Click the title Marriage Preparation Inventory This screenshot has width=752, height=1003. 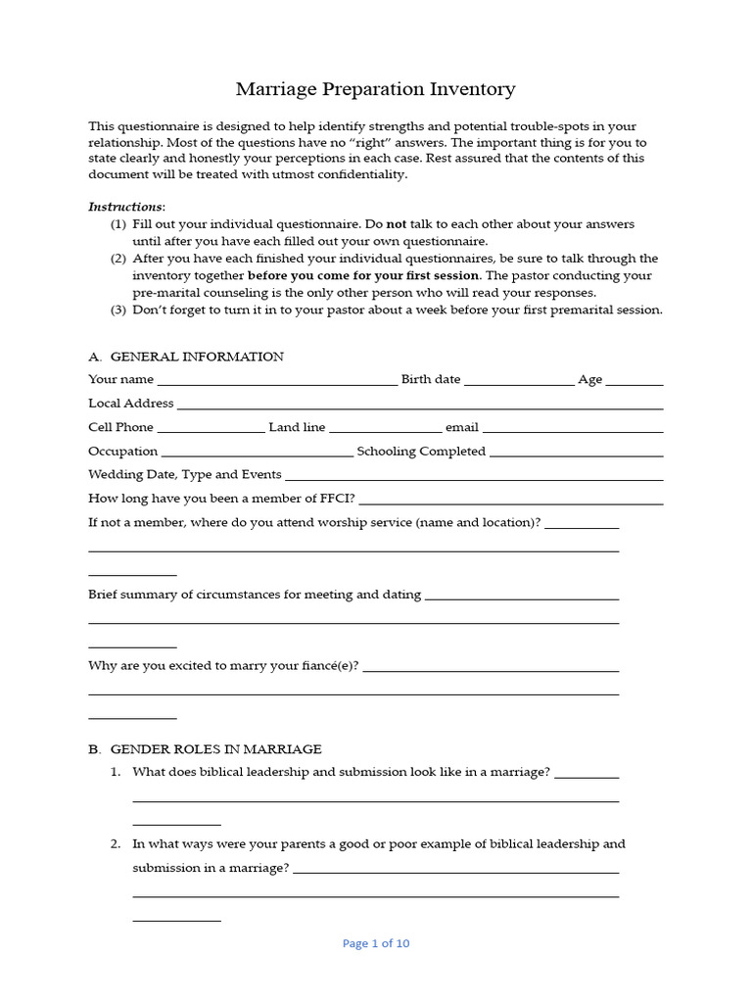375,89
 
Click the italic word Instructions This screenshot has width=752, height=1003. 125,207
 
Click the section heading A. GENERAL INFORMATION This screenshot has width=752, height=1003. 186,357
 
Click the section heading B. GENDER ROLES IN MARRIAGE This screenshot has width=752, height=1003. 205,749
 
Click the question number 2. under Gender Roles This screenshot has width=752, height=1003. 115,843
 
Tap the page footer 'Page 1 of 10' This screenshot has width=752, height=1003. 376,943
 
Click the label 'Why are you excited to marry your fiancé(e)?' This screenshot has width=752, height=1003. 223,666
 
